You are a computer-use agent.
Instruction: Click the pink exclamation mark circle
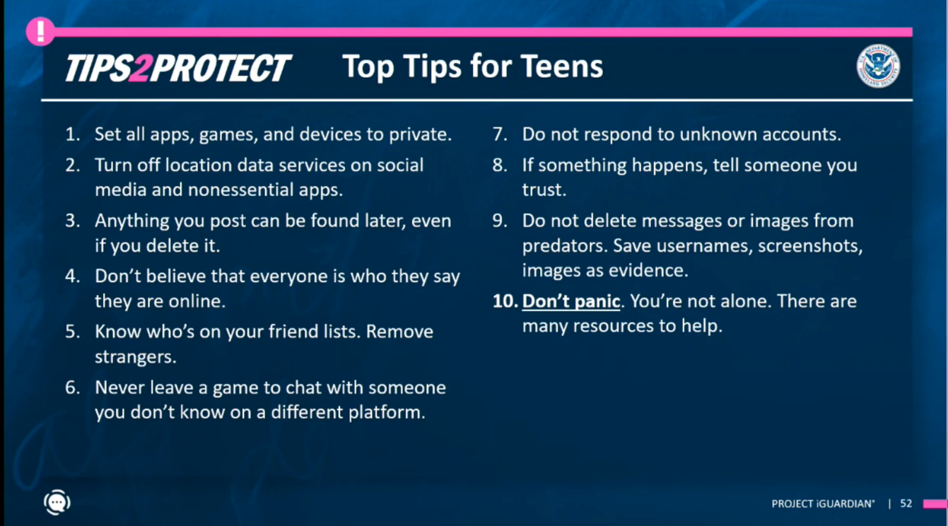point(40,31)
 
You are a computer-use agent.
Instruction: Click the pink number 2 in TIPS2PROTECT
point(140,69)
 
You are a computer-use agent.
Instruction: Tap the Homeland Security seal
point(878,66)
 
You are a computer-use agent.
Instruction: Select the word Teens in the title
point(561,66)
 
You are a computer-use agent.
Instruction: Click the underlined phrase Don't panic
point(571,301)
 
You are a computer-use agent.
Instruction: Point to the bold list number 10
point(505,301)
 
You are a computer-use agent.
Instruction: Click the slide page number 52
point(906,503)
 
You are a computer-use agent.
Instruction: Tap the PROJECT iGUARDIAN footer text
point(823,503)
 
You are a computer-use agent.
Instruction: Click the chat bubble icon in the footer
point(57,502)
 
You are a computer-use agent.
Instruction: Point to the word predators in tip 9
point(562,246)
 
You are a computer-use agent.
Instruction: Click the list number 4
point(72,276)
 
